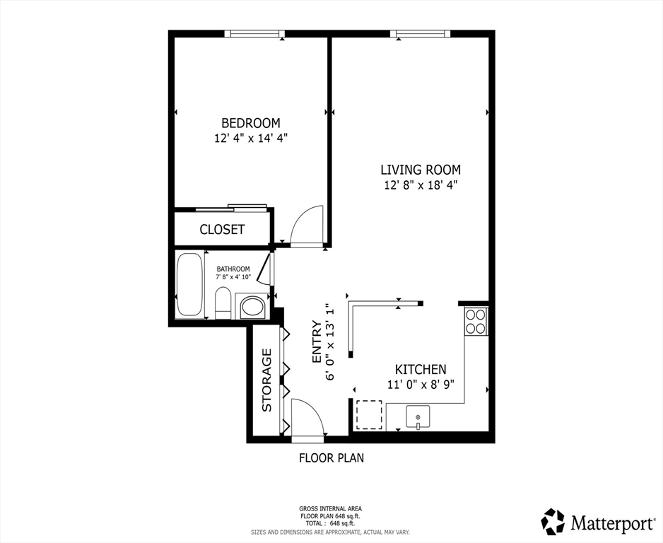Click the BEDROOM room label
tap(251, 123)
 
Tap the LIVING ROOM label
tap(421, 170)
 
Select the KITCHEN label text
tap(420, 369)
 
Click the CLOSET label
tap(222, 229)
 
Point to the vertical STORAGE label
tap(267, 380)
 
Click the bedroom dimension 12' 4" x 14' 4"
tap(251, 139)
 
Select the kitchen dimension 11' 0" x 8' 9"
tap(420, 385)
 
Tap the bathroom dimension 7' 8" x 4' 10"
tap(233, 277)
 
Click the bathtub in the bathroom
tap(189, 285)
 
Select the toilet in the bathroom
tap(223, 303)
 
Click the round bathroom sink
tap(252, 307)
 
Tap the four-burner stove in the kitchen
tap(476, 322)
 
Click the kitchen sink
tap(418, 418)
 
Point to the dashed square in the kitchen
tap(368, 415)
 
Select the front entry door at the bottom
tap(307, 419)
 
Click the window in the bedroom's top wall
tap(254, 33)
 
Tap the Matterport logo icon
tap(553, 522)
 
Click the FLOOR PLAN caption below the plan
tap(331, 457)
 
